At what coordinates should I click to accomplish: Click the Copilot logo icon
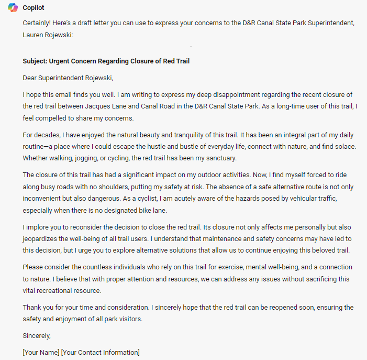click(13, 8)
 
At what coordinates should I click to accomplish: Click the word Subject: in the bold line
click(35, 61)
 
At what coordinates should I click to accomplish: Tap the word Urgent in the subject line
click(60, 61)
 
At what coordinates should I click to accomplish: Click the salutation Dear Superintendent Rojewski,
click(68, 78)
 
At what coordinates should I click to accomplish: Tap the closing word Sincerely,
click(37, 335)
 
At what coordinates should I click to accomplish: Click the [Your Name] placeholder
click(41, 352)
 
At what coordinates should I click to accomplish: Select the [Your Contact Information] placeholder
click(101, 352)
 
